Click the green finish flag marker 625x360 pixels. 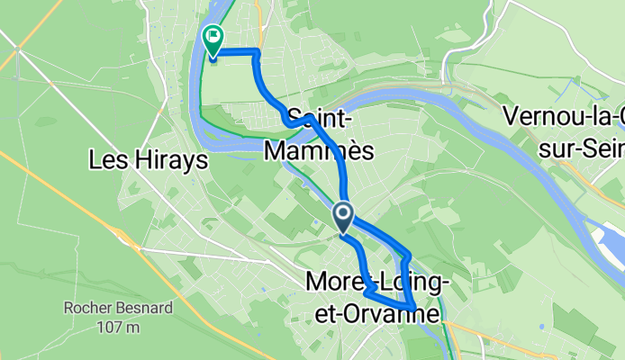click(x=213, y=40)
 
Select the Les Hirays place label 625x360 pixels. click(x=149, y=161)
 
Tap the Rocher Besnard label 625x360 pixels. click(x=102, y=310)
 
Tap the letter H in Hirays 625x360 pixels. click(x=131, y=161)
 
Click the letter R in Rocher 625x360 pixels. click(x=68, y=310)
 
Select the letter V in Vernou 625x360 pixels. click(x=512, y=117)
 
